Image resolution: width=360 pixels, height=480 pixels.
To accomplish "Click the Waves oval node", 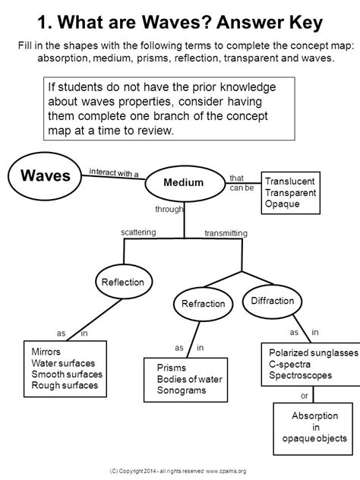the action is tap(45, 176).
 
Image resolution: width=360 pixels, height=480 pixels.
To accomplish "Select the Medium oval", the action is tap(185, 183).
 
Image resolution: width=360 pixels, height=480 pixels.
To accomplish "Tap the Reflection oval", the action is tap(123, 281).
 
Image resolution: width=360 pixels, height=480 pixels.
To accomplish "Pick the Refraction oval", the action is tap(204, 304).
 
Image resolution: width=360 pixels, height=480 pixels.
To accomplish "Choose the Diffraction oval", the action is tap(272, 301).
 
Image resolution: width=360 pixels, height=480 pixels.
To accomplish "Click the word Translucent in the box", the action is tap(289, 182).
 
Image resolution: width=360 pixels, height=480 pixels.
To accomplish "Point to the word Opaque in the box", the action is tap(283, 204).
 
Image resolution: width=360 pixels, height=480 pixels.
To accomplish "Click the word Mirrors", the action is tap(46, 352).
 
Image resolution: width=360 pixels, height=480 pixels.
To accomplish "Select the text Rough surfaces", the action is tap(65, 385).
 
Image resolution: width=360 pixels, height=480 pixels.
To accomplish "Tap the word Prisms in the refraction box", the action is tap(172, 368).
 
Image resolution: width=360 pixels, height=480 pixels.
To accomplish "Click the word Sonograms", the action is tap(182, 390).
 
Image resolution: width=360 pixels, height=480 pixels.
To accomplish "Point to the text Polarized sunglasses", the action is tap(314, 352).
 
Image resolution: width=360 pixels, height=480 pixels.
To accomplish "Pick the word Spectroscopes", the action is tap(300, 375).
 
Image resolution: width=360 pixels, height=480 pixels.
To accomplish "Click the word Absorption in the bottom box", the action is tap(314, 415).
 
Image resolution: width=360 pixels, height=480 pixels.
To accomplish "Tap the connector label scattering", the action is tap(138, 232).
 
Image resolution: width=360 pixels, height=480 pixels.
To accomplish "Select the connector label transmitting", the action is tap(226, 233).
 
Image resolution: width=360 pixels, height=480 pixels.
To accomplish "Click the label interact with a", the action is tap(114, 172).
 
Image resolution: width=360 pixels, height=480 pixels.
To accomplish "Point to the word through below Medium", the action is tap(169, 209).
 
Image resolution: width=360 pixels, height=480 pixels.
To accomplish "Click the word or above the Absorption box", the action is tap(305, 396).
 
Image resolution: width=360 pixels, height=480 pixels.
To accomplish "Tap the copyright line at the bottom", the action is tap(178, 471).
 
